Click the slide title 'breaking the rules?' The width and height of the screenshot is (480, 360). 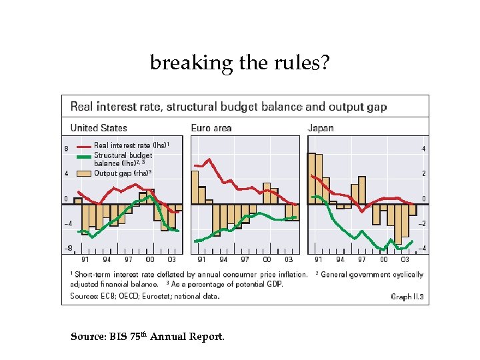coord(239,63)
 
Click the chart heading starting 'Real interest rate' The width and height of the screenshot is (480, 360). coord(228,107)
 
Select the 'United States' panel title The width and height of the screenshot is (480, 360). coord(98,127)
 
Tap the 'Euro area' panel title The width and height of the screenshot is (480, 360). coord(211,127)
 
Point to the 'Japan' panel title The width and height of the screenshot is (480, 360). coord(321,127)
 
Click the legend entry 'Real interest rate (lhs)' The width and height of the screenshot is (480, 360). coord(131,145)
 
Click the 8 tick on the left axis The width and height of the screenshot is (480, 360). coord(66,149)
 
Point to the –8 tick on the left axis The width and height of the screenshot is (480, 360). coord(67,248)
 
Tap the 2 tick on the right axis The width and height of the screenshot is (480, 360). coord(423,173)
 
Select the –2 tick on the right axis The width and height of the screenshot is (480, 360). coord(422,223)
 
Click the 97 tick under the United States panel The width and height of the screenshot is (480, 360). coord(128,259)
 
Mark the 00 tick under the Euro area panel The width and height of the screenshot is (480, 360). coord(267,259)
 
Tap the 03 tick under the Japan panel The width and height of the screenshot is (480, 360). coord(405,259)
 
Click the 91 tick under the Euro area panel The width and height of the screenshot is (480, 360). coord(201,259)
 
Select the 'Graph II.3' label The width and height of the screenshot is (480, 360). coord(407,297)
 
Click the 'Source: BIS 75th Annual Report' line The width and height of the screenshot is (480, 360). coord(147,337)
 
